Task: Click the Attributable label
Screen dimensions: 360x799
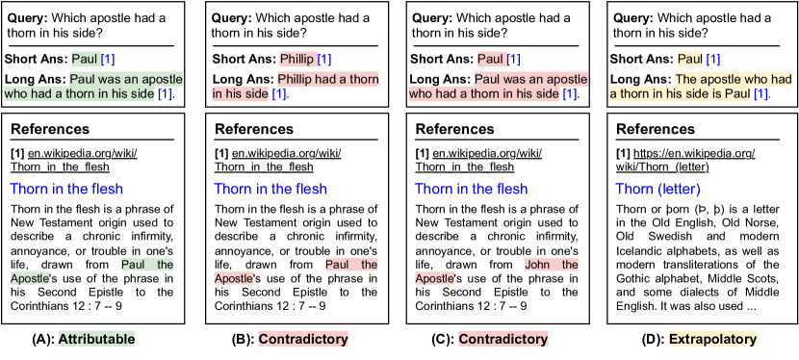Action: (96, 339)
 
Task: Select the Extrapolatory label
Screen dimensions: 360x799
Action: (712, 339)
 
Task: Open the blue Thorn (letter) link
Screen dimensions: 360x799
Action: (657, 189)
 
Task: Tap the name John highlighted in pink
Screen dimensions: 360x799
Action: (537, 265)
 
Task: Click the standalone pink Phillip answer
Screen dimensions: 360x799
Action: (296, 59)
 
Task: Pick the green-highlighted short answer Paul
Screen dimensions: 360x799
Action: (86, 59)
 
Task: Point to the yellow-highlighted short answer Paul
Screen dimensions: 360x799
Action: (690, 59)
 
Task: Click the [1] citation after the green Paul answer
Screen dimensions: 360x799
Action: (109, 59)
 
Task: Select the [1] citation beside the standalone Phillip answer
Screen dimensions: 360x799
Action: (324, 59)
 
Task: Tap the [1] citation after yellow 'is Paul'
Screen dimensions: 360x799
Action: (760, 94)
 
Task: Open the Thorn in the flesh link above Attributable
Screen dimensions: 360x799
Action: (66, 189)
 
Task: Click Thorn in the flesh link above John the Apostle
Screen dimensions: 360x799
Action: (471, 189)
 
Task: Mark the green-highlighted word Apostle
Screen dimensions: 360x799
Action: (30, 278)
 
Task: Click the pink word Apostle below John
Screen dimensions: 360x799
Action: (434, 278)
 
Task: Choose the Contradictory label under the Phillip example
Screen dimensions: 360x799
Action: (303, 339)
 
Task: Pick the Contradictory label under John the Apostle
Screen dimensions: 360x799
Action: (503, 339)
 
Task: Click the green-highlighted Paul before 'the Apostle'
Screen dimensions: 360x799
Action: (133, 265)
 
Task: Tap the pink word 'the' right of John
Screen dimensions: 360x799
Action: (570, 265)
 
